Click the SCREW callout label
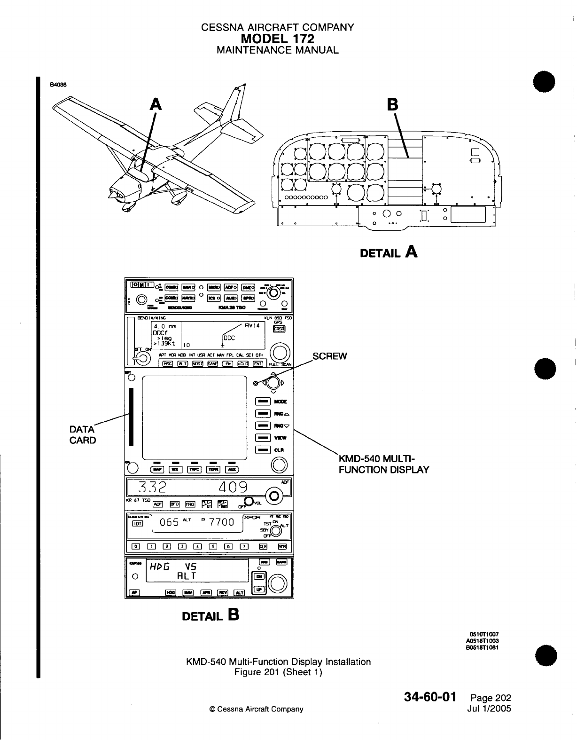click(x=330, y=356)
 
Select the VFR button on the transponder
click(x=282, y=546)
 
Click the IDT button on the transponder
click(x=138, y=523)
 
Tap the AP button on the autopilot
click(x=135, y=592)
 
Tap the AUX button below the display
click(x=232, y=469)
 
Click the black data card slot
click(x=132, y=417)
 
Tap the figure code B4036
click(x=59, y=85)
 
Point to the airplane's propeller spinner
click(x=111, y=192)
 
